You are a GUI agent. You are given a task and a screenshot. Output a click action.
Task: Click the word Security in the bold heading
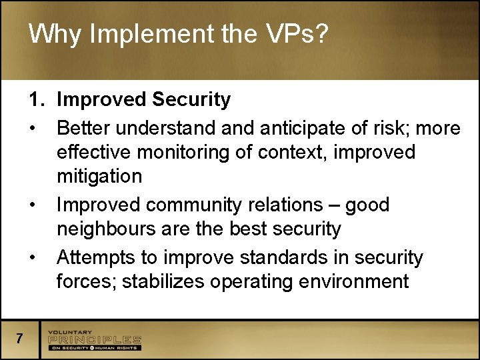pyautogui.click(x=191, y=100)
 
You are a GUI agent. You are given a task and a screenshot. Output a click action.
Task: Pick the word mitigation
pyautogui.click(x=99, y=177)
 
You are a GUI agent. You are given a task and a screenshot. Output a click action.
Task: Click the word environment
pyautogui.click(x=355, y=281)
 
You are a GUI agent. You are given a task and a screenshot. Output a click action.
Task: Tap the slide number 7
pyautogui.click(x=20, y=339)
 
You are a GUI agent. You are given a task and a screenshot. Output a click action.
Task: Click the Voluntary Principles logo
pyautogui.click(x=94, y=339)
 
